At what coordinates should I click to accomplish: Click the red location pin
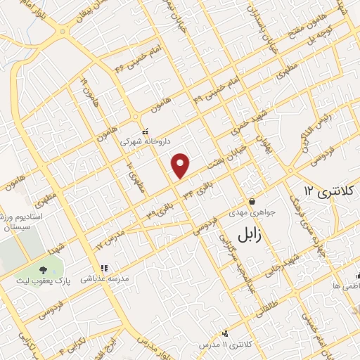pyautogui.click(x=181, y=165)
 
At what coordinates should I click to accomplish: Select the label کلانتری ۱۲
pyautogui.click(x=323, y=191)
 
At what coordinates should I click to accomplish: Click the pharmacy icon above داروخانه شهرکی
pyautogui.click(x=146, y=131)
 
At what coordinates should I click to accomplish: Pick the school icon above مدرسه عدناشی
pyautogui.click(x=105, y=268)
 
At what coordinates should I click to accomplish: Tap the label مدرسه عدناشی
pyautogui.click(x=106, y=278)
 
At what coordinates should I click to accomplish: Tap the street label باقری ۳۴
pyautogui.click(x=197, y=187)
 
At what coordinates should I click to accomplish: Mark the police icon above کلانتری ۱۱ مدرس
pyautogui.click(x=225, y=333)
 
